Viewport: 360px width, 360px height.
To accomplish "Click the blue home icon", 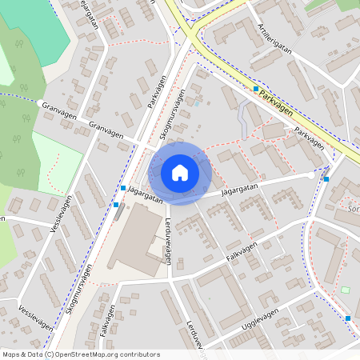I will [x=180, y=173].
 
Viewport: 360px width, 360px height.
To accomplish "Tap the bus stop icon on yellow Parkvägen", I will [x=256, y=89].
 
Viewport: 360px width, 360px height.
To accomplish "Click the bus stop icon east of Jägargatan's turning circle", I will [x=326, y=179].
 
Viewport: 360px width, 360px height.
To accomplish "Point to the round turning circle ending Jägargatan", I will [x=310, y=175].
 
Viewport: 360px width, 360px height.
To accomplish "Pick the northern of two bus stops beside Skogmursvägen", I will [x=123, y=189].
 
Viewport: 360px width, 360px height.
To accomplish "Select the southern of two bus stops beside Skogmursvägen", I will [x=117, y=205].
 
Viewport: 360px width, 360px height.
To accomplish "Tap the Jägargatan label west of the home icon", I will [x=145, y=195].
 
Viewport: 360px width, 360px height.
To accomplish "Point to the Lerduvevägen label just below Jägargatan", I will [x=168, y=240].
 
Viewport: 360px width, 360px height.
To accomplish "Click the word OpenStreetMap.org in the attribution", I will [x=82, y=354].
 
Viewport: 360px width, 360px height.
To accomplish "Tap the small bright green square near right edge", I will [x=345, y=290].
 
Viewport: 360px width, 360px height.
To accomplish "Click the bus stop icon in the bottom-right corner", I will [x=348, y=318].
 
